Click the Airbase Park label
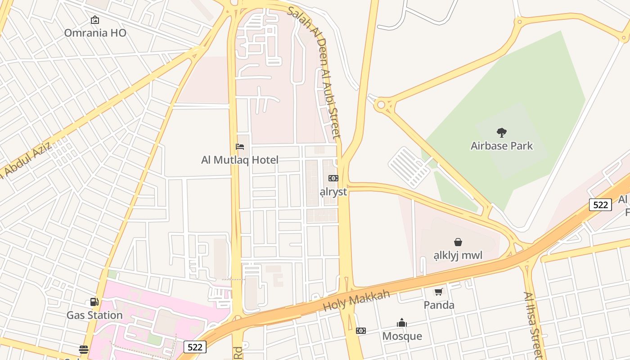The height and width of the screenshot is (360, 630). (x=501, y=146)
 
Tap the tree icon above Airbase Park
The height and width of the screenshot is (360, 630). (x=501, y=133)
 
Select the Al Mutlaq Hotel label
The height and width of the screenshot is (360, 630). (x=240, y=160)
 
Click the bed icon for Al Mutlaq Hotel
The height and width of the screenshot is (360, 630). (x=240, y=147)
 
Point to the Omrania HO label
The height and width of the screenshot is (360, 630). (x=95, y=33)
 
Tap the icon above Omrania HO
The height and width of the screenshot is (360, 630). (x=95, y=20)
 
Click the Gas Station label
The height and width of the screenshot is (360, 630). (x=94, y=315)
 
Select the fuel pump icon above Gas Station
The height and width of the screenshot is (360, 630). (x=94, y=302)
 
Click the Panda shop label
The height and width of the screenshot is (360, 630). (x=439, y=305)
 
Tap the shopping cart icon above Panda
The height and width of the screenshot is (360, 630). (x=439, y=292)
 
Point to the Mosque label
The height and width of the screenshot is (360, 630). (x=402, y=336)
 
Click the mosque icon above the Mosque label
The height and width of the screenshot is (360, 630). (x=402, y=323)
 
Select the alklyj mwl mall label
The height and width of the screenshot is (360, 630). (x=458, y=256)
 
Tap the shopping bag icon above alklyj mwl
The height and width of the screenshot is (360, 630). (x=458, y=242)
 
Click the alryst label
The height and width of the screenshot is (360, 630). (x=333, y=192)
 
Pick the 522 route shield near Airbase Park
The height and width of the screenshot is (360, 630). (x=600, y=205)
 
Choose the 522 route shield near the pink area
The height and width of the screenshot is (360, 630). (x=195, y=347)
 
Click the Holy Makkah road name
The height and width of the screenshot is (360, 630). (x=356, y=301)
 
